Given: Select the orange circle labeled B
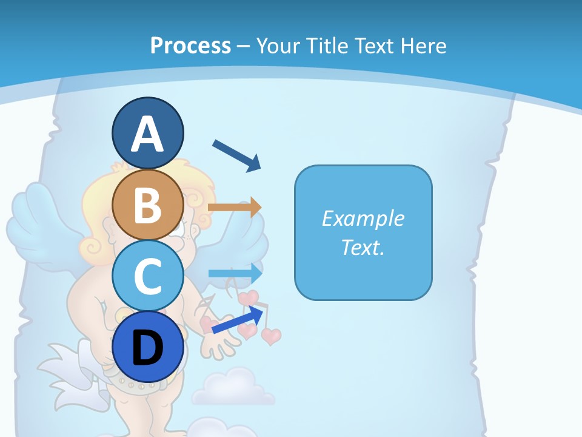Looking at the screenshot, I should click(x=148, y=205).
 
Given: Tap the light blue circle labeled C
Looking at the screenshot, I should click(x=148, y=276).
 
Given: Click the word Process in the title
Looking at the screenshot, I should click(x=190, y=46).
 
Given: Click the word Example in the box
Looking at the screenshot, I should click(x=363, y=218).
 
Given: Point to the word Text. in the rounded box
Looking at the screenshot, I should click(x=363, y=247).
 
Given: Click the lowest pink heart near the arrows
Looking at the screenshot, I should click(x=271, y=336).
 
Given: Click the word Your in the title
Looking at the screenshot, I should click(x=276, y=46).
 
